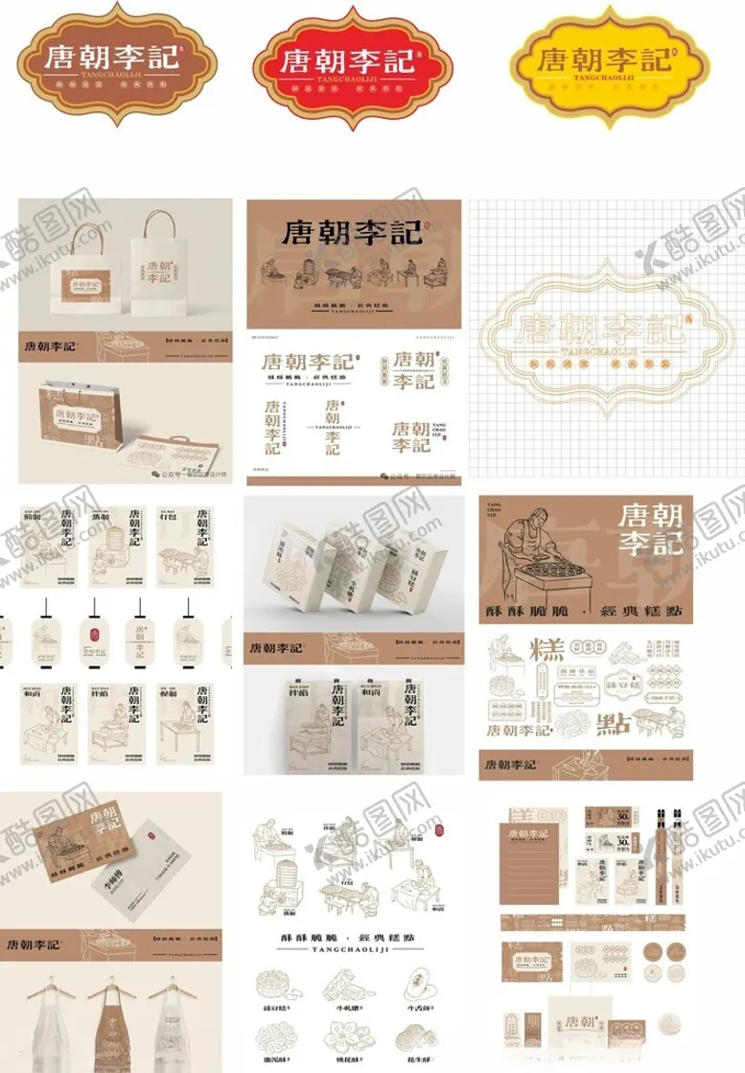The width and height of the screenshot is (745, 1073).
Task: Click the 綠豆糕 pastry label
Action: [x=274, y=982]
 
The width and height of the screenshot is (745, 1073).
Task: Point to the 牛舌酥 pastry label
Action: [x=421, y=982]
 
